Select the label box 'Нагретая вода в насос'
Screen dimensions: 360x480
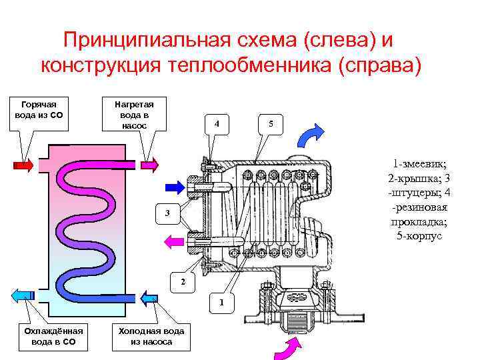134,115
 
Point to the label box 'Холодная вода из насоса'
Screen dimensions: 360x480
151,336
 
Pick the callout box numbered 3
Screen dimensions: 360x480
168,213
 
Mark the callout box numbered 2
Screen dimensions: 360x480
183,281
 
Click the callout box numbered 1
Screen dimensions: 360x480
223,303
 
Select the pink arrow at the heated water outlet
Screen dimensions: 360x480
149,163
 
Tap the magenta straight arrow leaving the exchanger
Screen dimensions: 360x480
175,239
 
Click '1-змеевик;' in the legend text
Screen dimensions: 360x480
419,163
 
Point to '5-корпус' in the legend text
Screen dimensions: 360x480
419,237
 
